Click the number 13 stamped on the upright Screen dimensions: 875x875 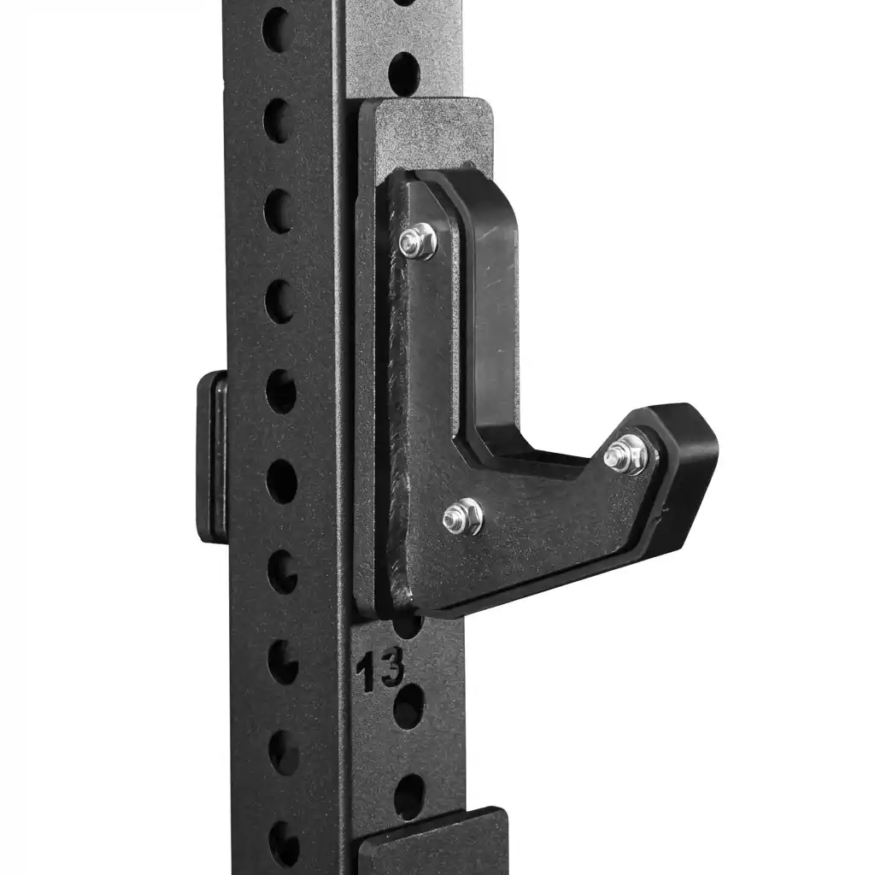(x=380, y=669)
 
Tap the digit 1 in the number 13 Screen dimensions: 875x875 (x=366, y=672)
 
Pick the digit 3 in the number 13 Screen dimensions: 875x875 (x=391, y=667)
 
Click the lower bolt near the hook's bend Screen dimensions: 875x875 (x=462, y=517)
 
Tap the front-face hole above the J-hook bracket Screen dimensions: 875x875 (x=404, y=73)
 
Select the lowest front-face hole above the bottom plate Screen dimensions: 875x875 (x=410, y=797)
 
